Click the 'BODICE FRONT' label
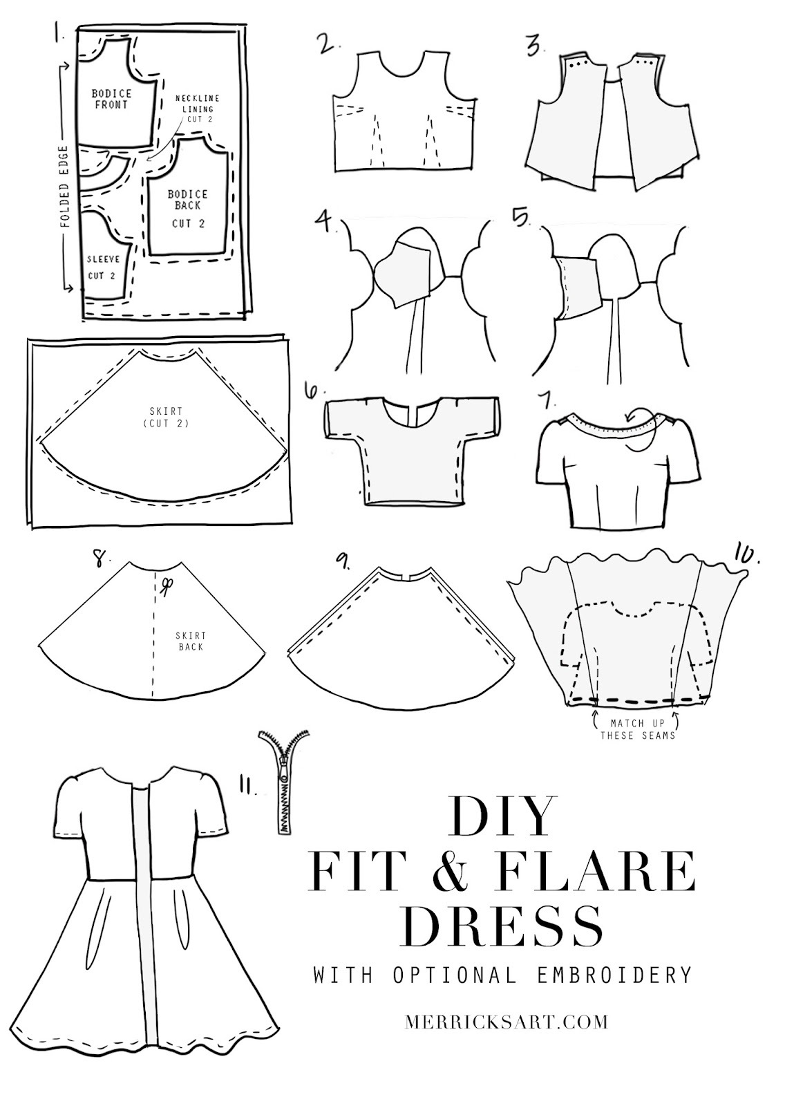point(111,98)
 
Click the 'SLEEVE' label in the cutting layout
point(103,260)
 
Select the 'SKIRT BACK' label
point(191,641)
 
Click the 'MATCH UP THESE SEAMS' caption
point(633,729)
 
